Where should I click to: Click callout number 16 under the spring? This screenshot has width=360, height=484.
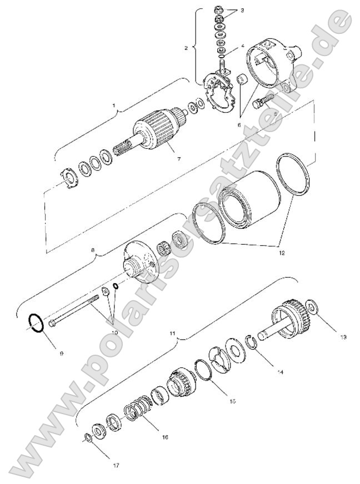[164, 437]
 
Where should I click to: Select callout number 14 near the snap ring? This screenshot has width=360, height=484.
[280, 372]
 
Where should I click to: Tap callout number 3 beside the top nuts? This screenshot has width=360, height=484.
[241, 10]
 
